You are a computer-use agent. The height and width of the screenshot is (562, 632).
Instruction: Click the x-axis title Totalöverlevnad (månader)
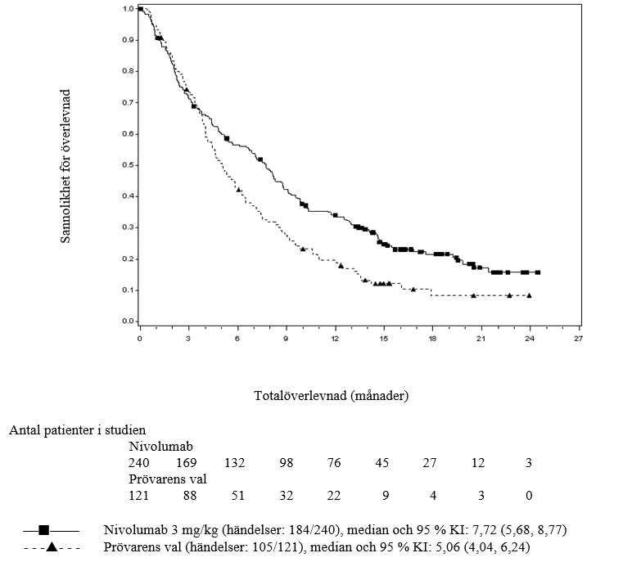tap(332, 395)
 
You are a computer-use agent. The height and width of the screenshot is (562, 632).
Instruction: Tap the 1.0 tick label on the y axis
tap(129, 9)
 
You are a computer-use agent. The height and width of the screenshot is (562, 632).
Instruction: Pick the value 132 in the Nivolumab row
tap(236, 463)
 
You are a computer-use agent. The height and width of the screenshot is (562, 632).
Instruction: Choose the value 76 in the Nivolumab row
tap(334, 463)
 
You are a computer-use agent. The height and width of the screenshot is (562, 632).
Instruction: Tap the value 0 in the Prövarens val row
tap(529, 496)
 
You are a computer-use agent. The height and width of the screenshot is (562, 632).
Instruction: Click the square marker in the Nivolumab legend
tap(44, 529)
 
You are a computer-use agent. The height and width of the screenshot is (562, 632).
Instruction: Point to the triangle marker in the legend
tap(51, 546)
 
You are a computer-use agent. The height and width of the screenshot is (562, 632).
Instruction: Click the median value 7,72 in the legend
tap(452, 529)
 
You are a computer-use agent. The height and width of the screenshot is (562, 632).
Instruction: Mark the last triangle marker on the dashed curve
tap(529, 295)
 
